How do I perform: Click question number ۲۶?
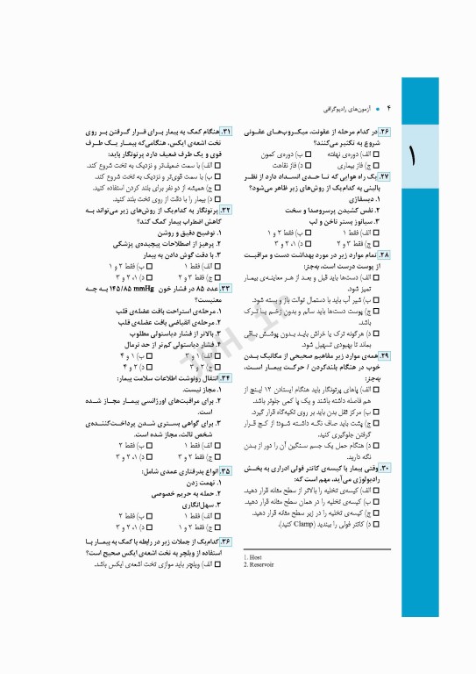coord(385,130)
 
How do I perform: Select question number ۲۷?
coord(385,176)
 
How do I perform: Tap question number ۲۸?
coord(385,254)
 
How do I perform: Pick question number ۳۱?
coord(226,130)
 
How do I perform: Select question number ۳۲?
coord(226,211)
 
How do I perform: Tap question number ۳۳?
coord(226,287)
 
